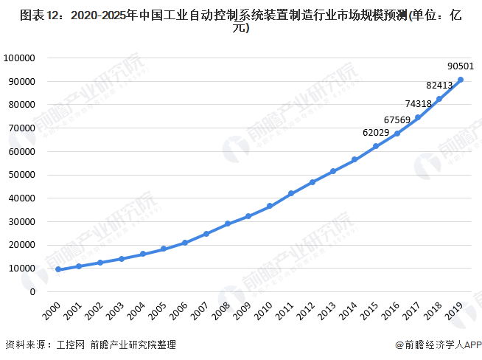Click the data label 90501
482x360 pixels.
pos(461,66)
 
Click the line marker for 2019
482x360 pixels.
pos(461,80)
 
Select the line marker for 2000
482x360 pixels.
pos(58,269)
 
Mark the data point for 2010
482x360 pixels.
pos(270,206)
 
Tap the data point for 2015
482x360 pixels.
pos(376,146)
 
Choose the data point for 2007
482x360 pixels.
pos(206,234)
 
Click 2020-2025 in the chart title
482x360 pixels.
pos(95,13)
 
